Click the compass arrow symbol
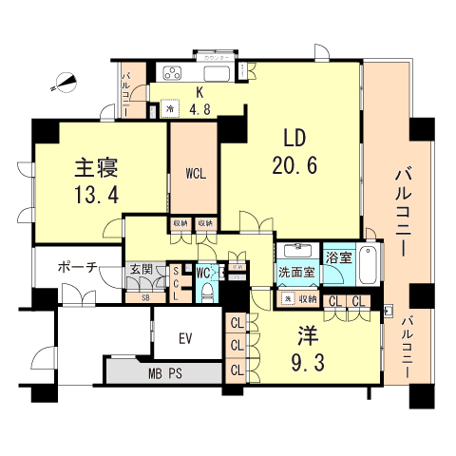click(x=65, y=83)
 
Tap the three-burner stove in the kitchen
click(x=172, y=72)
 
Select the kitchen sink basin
click(x=216, y=73)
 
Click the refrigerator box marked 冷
click(x=169, y=107)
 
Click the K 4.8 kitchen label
click(x=200, y=101)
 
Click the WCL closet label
click(x=196, y=175)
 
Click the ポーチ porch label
click(x=77, y=267)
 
